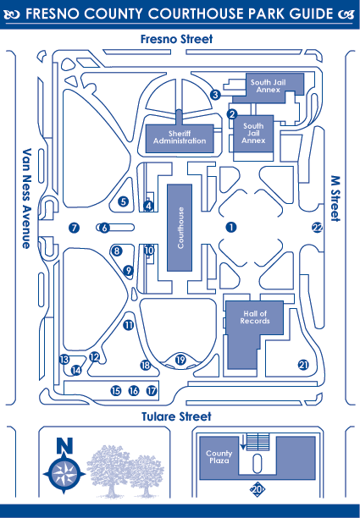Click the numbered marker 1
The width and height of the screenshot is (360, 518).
tap(231, 227)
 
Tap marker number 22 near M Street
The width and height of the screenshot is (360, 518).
tap(318, 228)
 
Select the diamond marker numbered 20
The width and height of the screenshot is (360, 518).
tap(257, 489)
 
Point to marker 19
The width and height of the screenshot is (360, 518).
tap(180, 360)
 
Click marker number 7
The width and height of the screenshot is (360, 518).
tap(74, 228)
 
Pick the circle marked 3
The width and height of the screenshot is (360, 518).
tap(215, 95)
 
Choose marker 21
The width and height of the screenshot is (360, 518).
tap(303, 365)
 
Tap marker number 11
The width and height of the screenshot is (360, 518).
tap(128, 325)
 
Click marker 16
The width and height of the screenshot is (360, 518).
tap(134, 391)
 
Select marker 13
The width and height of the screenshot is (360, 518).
tap(64, 359)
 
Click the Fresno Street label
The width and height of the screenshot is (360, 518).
tap(176, 39)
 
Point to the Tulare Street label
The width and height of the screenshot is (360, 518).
tap(176, 416)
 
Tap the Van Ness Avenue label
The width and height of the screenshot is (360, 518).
tap(26, 198)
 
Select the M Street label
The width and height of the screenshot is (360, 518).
tap(335, 199)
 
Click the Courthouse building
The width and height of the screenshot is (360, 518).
tap(180, 228)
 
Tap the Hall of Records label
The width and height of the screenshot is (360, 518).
tap(255, 317)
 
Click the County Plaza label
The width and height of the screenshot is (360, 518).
tap(219, 457)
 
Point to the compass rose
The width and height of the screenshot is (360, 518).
tap(64, 474)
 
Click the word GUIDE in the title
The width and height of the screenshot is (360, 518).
tap(311, 14)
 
